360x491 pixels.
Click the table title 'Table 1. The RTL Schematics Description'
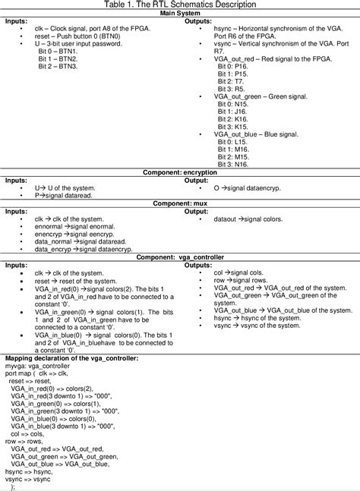179,5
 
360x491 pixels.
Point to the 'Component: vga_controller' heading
179,257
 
